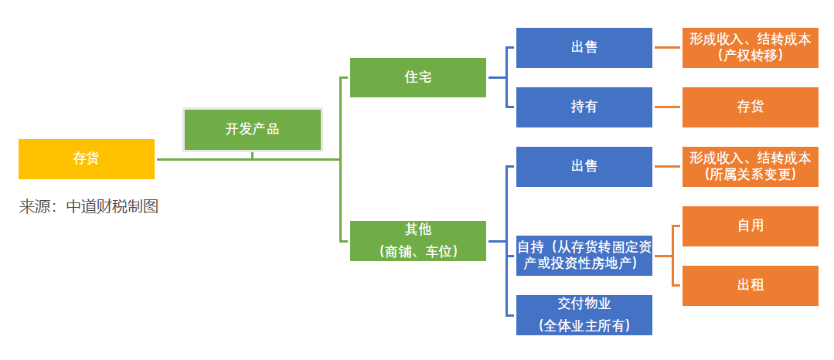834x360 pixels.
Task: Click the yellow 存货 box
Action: point(87,159)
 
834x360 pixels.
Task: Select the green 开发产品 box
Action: point(252,130)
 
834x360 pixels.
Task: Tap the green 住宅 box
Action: point(418,77)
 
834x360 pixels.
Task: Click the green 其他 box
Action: point(418,240)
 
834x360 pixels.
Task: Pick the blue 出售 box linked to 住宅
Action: point(584,48)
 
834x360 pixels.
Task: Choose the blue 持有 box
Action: point(584,107)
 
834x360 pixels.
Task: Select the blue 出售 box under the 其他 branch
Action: point(584,167)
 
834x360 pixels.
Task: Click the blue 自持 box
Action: point(584,255)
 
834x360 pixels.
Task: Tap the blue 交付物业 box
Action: point(584,314)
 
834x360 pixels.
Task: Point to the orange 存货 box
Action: point(751,107)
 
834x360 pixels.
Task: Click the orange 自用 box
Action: point(751,226)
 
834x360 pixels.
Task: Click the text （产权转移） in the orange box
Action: point(751,56)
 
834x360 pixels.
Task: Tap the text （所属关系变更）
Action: point(751,175)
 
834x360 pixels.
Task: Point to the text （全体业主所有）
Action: point(584,326)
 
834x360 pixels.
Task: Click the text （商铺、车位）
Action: point(418,251)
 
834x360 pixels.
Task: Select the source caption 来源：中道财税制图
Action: point(89,207)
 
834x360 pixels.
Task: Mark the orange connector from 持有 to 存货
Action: point(668,107)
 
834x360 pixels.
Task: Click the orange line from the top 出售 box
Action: point(668,48)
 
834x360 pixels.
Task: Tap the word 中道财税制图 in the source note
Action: point(112,207)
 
